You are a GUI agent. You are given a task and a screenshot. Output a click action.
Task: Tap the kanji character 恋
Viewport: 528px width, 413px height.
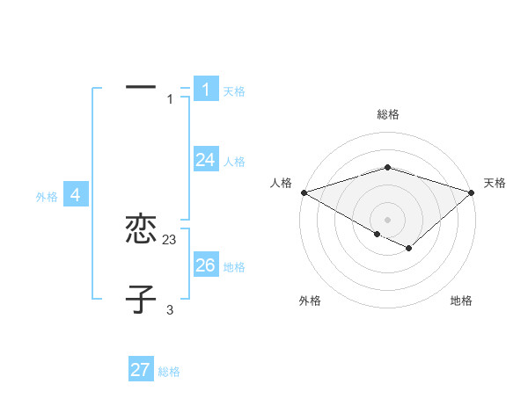141,230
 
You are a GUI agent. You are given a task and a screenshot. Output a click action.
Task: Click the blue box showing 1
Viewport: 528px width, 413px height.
206,89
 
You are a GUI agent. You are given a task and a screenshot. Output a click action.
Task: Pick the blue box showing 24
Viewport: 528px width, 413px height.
206,160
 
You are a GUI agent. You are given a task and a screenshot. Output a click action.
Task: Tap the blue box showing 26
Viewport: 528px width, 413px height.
206,265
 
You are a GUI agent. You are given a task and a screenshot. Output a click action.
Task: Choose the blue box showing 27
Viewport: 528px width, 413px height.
141,370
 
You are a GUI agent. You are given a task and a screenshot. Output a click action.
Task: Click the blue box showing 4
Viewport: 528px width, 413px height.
76,195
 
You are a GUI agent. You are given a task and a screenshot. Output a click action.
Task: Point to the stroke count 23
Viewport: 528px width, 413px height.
170,239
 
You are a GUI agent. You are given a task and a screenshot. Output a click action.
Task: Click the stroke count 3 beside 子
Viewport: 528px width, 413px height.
170,309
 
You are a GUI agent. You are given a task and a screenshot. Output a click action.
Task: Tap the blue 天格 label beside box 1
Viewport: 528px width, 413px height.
234,91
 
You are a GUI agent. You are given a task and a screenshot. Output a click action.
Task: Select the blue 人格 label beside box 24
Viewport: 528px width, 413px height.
234,162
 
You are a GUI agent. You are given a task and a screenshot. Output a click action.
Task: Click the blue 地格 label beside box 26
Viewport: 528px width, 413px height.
234,267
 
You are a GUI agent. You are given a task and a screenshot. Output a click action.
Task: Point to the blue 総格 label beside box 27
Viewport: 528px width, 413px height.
169,372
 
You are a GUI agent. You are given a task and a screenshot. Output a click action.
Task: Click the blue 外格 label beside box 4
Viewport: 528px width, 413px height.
47,198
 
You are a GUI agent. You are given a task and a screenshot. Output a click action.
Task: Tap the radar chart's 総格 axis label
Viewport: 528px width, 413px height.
387,114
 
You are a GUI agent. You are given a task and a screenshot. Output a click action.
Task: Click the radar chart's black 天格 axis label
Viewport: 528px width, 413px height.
495,183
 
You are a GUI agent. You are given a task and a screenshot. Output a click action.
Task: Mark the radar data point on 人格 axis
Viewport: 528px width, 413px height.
303,192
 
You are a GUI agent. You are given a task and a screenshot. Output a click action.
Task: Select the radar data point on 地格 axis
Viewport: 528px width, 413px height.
409,249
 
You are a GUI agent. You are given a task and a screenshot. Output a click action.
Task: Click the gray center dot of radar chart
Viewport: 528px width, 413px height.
387,219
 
